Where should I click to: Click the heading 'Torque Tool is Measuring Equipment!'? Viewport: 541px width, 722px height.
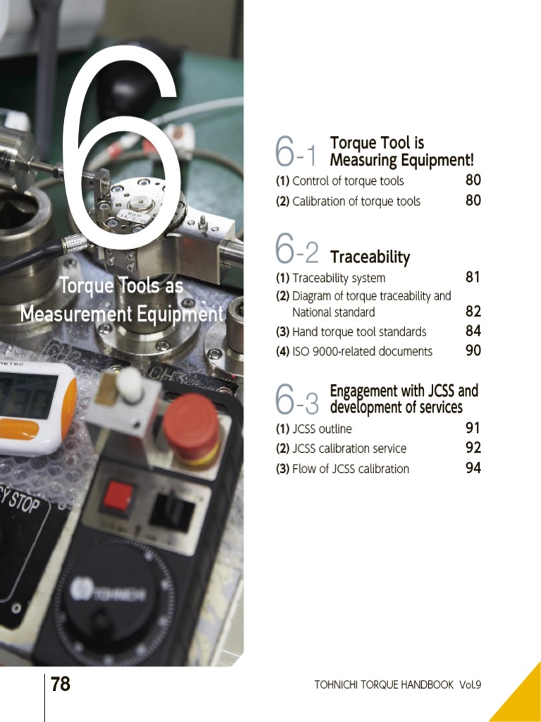402,152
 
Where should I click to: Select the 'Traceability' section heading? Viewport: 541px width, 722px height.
370,257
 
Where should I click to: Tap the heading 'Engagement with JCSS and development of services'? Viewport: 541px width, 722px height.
404,399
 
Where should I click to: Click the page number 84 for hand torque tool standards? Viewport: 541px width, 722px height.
473,331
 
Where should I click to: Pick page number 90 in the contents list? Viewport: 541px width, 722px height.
473,350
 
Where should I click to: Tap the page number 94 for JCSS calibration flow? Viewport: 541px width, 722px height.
473,467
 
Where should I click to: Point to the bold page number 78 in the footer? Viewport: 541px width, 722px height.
61,684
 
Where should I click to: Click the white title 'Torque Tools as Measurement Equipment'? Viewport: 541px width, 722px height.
121,300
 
